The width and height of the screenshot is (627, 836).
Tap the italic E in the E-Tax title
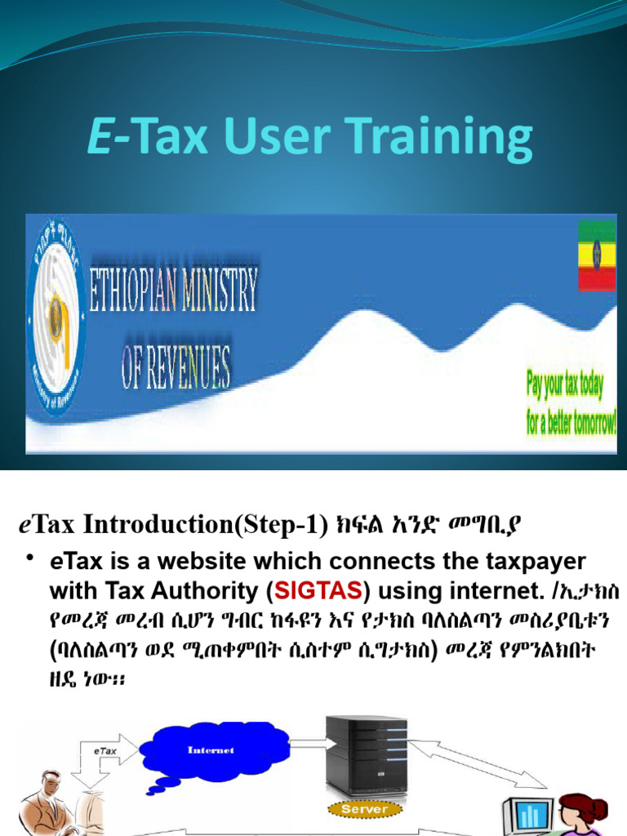coord(100,137)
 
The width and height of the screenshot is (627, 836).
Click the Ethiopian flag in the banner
coord(597,256)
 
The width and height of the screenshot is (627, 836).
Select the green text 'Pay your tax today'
coord(564,385)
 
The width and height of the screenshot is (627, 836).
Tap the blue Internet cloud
coord(211,750)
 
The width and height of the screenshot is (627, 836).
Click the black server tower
coord(366,755)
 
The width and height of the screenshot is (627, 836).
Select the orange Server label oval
coord(364,808)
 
